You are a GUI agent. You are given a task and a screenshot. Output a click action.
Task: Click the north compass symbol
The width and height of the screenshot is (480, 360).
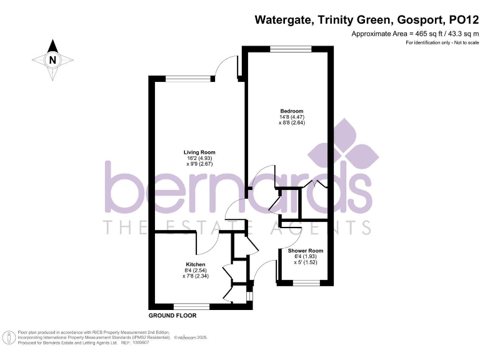(x=53, y=60)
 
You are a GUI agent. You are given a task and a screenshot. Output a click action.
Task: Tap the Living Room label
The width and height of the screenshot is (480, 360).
(x=199, y=152)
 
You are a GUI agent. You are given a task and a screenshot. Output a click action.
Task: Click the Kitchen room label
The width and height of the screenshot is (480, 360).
(x=195, y=264)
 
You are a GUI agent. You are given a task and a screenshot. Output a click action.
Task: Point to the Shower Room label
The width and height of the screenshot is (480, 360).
(x=306, y=251)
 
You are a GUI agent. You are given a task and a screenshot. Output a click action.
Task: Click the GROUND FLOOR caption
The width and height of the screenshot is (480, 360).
(x=172, y=316)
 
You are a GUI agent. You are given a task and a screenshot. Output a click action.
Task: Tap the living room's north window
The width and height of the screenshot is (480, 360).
(x=182, y=77)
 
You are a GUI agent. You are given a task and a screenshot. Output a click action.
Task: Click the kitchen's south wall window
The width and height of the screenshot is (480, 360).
(x=191, y=306)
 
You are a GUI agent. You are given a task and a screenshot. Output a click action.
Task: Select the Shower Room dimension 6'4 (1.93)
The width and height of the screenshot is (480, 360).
(x=306, y=256)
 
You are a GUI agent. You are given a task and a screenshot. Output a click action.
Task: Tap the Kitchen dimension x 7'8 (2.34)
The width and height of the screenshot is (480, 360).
(x=195, y=276)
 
